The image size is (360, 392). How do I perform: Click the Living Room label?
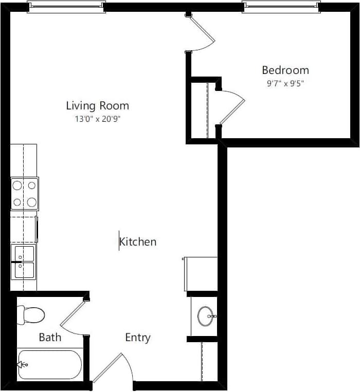(97, 106)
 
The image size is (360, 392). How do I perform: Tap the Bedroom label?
(285, 70)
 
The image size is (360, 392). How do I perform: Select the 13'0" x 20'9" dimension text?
(97, 119)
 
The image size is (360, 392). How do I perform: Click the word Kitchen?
(138, 241)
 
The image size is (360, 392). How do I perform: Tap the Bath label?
(50, 337)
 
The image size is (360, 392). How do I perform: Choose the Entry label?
(138, 338)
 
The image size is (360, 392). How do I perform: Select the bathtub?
(49, 365)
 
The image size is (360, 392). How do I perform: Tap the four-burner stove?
(24, 194)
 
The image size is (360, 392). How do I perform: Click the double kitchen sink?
(24, 262)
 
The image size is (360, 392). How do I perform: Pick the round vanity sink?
(206, 316)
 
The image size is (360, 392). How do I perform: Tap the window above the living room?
(66, 7)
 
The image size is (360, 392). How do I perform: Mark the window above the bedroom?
(281, 7)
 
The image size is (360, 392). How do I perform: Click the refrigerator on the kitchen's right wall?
(201, 274)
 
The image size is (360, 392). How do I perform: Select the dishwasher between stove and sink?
(24, 229)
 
